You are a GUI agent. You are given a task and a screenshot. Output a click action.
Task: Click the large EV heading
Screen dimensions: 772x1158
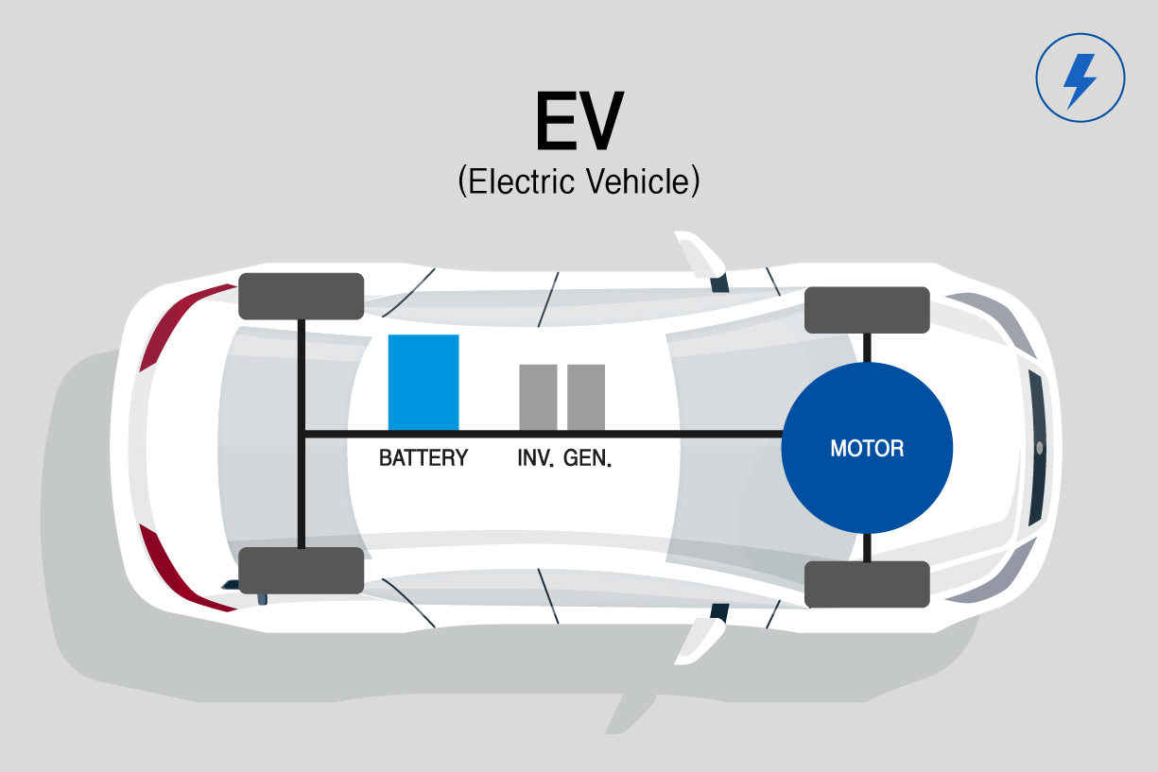[x=579, y=122]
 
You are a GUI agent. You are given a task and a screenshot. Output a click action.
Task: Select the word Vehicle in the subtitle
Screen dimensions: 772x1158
[x=638, y=180]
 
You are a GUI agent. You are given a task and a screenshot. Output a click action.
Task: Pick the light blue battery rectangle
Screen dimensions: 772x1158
[x=423, y=382]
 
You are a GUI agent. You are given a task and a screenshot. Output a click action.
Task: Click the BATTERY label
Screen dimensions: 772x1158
[x=423, y=458]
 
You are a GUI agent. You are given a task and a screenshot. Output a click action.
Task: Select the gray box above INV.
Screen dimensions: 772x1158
[x=538, y=397]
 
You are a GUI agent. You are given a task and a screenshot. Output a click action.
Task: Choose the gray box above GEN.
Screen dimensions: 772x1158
[x=586, y=397]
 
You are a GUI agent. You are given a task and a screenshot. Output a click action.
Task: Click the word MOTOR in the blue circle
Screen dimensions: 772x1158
[x=867, y=449]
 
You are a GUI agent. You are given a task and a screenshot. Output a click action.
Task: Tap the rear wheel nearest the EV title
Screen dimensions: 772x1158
[x=301, y=296]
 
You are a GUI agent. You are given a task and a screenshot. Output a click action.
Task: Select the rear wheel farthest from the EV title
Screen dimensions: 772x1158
[x=301, y=570]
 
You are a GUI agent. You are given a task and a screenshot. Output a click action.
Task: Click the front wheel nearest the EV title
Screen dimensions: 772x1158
[x=867, y=310]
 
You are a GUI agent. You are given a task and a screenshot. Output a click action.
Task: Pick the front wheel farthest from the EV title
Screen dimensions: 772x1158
[x=867, y=584]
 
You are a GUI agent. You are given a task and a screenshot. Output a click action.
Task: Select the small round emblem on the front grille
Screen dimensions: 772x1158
[x=1039, y=447]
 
